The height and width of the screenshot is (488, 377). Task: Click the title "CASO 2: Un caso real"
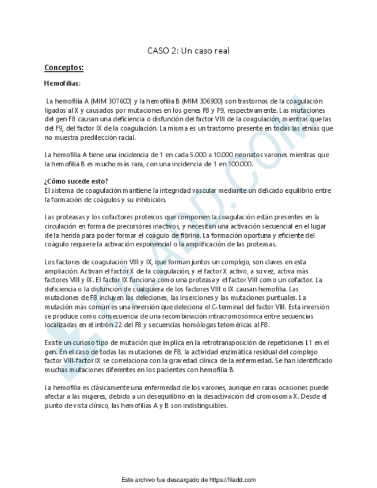pyautogui.click(x=188, y=51)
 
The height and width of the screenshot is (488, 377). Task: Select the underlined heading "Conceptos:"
pyautogui.click(x=64, y=68)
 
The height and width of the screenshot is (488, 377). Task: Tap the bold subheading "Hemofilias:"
pyautogui.click(x=62, y=84)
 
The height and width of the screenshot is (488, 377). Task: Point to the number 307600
pyautogui.click(x=118, y=101)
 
